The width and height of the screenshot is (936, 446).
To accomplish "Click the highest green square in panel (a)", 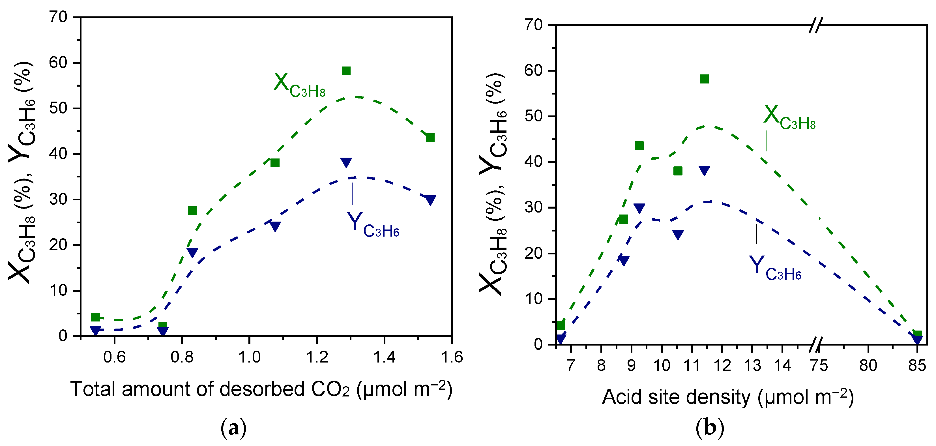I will (x=346, y=71).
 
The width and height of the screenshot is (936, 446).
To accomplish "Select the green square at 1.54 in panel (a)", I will (x=430, y=138).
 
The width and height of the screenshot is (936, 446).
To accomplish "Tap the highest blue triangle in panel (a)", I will (x=346, y=162).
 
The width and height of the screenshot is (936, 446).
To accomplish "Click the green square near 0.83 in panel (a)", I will (x=192, y=211).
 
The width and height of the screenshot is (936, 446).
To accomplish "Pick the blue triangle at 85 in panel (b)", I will (x=917, y=340).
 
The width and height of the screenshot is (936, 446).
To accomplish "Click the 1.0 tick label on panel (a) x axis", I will (x=249, y=357).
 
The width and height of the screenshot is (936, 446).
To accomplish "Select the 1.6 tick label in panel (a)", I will (x=452, y=357).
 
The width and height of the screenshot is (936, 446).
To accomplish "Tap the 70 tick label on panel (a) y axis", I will (x=58, y=17).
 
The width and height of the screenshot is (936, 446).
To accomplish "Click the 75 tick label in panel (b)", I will (x=819, y=365).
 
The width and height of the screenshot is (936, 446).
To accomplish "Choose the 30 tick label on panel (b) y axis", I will (x=533, y=207).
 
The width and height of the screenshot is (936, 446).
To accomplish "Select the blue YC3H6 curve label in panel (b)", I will (x=775, y=268).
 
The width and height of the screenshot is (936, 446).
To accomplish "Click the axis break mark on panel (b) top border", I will (x=815, y=25).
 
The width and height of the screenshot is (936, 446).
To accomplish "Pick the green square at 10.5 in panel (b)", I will (x=678, y=171).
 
